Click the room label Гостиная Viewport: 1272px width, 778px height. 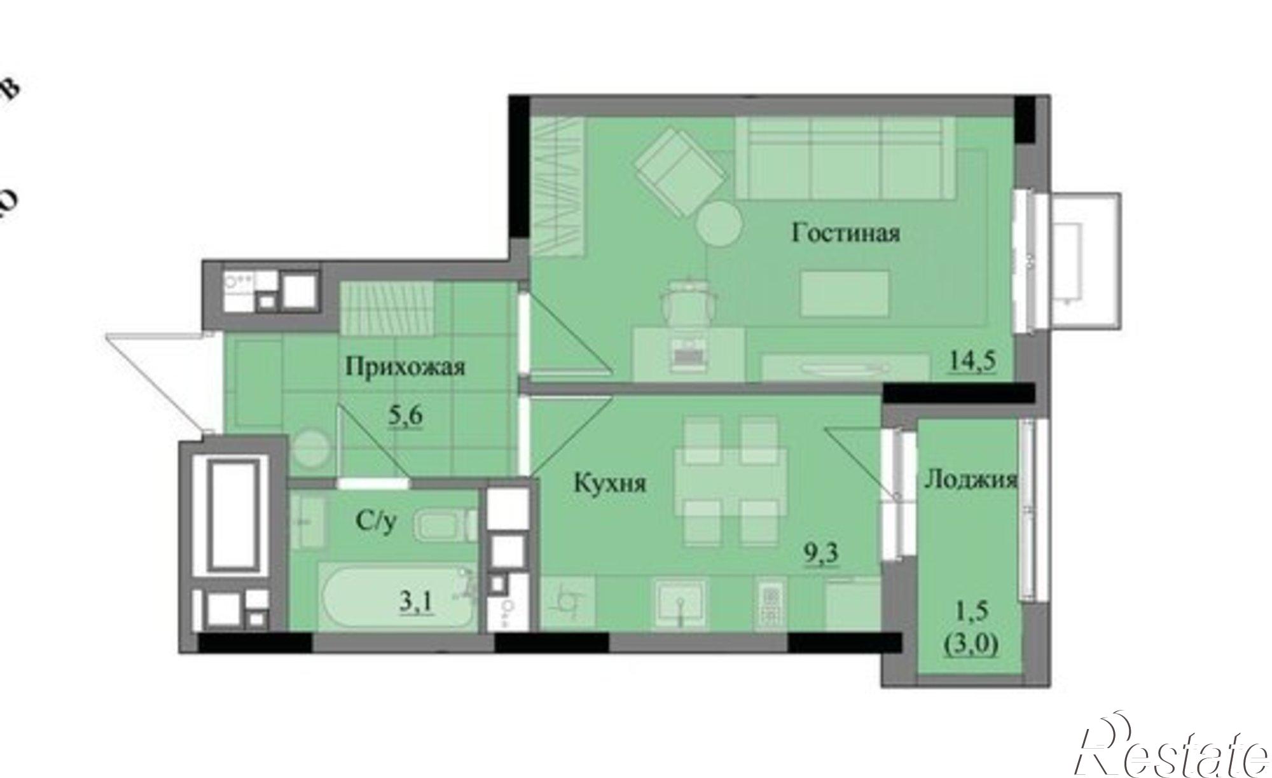pos(845,233)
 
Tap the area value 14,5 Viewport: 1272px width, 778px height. pos(972,361)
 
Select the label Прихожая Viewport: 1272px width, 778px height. pos(405,367)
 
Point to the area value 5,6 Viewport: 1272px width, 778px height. pos(406,417)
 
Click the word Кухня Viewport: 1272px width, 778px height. pos(610,483)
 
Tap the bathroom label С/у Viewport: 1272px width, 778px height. pos(377,522)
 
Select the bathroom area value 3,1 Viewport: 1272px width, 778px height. pos(416,602)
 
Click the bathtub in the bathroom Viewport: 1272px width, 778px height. pos(394,598)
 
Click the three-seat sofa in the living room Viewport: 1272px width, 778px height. pos(846,158)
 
